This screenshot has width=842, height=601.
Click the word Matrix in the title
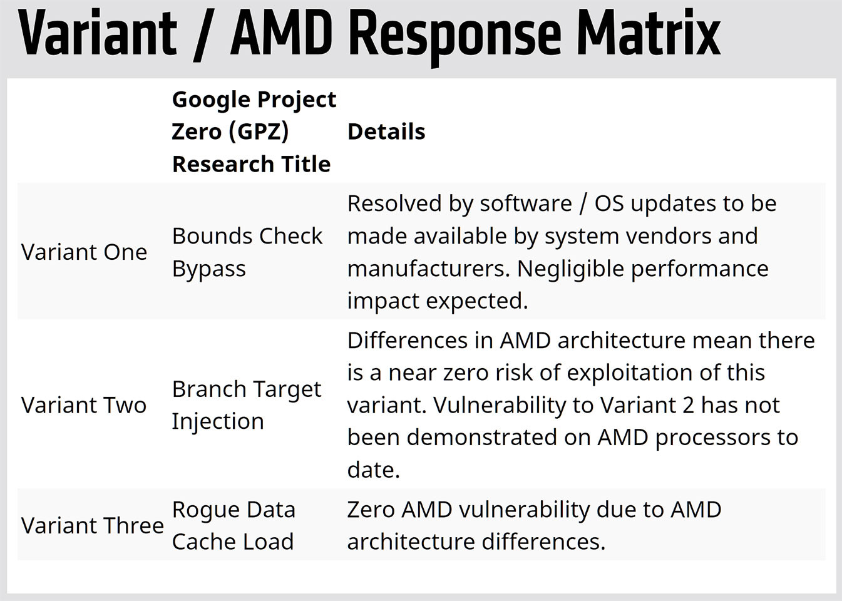648,34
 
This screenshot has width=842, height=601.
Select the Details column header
386,131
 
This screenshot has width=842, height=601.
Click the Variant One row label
84,252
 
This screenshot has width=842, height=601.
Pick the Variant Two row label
84,405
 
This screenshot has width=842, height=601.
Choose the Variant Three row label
93,525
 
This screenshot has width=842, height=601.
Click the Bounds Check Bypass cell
247,252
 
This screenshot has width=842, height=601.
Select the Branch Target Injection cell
246,405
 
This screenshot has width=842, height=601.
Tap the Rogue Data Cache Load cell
234,525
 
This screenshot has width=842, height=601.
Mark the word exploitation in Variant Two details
630,373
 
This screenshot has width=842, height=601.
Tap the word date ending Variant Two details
373,470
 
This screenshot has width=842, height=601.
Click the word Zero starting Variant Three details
371,510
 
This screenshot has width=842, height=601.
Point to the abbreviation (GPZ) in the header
259,131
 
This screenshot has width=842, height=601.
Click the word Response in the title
455,37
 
